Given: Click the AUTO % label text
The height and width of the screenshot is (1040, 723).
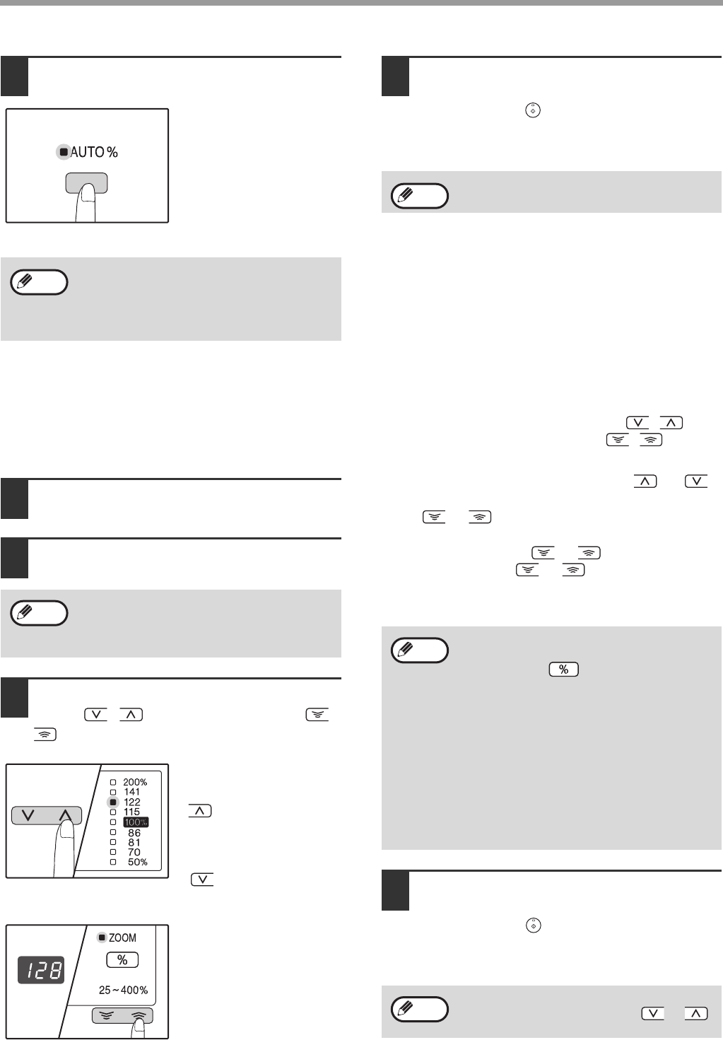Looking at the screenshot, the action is pos(94,152).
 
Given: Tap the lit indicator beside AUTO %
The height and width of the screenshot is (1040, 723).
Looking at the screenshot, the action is pos(64,152).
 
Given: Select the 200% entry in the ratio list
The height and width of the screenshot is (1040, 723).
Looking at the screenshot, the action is pos(135,783).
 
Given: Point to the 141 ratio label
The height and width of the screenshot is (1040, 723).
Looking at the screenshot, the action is pos(131,792).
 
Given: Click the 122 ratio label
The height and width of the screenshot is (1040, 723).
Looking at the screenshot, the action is pos(131,802).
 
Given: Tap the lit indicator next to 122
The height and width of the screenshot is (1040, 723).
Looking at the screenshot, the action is pos(113,802).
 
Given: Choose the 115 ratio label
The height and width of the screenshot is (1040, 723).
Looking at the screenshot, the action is pos(131,812).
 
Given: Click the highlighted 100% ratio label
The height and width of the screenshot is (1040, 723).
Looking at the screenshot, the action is pos(136,822).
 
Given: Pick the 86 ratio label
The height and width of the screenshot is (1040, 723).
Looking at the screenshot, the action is pos(134,833).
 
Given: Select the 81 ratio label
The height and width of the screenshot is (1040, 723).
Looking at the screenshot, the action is pos(134,843).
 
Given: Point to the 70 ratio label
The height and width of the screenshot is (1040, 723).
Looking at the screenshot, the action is pos(134,853).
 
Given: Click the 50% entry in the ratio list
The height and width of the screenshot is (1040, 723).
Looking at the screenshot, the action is pos(138,862).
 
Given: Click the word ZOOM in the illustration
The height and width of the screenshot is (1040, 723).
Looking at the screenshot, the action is pos(122,938).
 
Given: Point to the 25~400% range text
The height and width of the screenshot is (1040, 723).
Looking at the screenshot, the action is pos(124,991).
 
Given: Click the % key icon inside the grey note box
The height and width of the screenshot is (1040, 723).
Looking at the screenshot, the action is pos(564,669).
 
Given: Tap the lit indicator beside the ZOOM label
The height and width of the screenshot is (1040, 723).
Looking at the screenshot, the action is pos(102,938).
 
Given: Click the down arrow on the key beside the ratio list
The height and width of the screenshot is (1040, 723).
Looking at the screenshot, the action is pos(28,815).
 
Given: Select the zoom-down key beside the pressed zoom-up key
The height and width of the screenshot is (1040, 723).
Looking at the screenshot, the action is pos(107,1015).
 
